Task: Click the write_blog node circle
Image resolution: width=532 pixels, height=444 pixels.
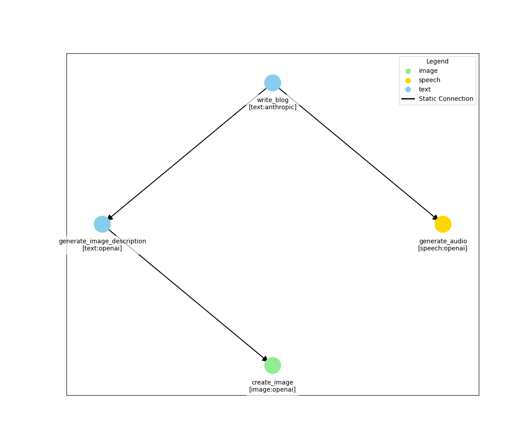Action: click(x=272, y=83)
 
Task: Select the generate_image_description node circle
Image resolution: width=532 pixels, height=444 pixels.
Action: click(x=102, y=224)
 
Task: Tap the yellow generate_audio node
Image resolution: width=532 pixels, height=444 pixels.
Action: click(x=442, y=224)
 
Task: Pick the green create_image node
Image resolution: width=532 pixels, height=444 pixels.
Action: click(x=272, y=365)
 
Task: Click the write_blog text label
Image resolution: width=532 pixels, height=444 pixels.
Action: click(x=272, y=100)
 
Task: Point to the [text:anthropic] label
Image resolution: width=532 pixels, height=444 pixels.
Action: click(x=272, y=107)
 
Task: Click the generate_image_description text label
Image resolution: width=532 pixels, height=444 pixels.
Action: click(x=102, y=241)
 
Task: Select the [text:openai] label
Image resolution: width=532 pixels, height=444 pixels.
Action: click(x=102, y=249)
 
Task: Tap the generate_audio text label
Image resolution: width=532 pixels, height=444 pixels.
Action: click(x=442, y=241)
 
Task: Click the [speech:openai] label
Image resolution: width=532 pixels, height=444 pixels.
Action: click(x=442, y=249)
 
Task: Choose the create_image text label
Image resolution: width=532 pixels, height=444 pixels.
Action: click(x=272, y=382)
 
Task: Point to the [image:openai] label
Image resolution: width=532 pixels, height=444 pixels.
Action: click(x=272, y=390)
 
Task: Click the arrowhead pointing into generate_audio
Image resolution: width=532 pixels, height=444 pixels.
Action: click(x=435, y=218)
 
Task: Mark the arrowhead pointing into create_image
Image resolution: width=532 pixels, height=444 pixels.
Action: click(x=265, y=359)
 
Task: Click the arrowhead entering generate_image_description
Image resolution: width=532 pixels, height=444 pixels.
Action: click(x=110, y=218)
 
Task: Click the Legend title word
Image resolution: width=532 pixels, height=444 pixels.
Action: click(x=437, y=62)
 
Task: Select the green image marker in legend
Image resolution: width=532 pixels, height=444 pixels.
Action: click(x=408, y=71)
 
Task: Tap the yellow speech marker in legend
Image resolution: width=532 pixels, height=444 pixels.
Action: click(x=408, y=80)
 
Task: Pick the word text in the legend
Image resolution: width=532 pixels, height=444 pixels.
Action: click(x=424, y=90)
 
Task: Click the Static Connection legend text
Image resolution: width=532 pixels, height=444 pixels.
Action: click(x=446, y=99)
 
